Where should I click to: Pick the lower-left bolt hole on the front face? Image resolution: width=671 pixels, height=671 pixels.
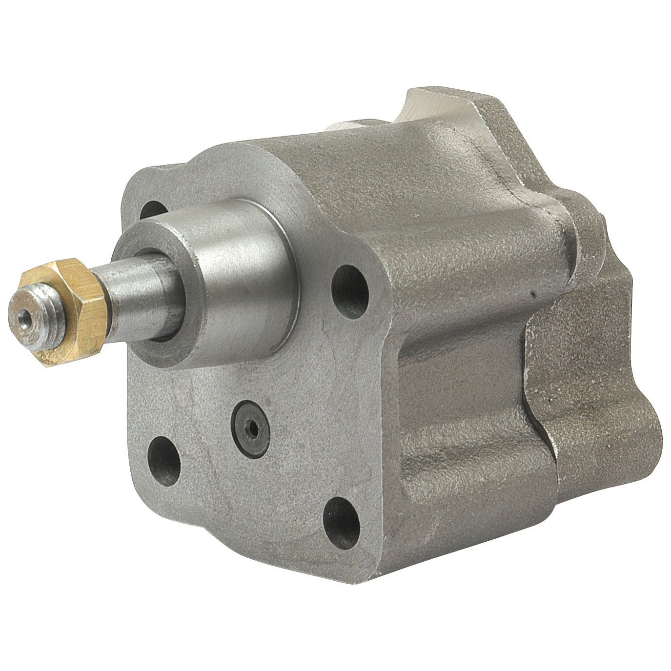pyautogui.click(x=164, y=453)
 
